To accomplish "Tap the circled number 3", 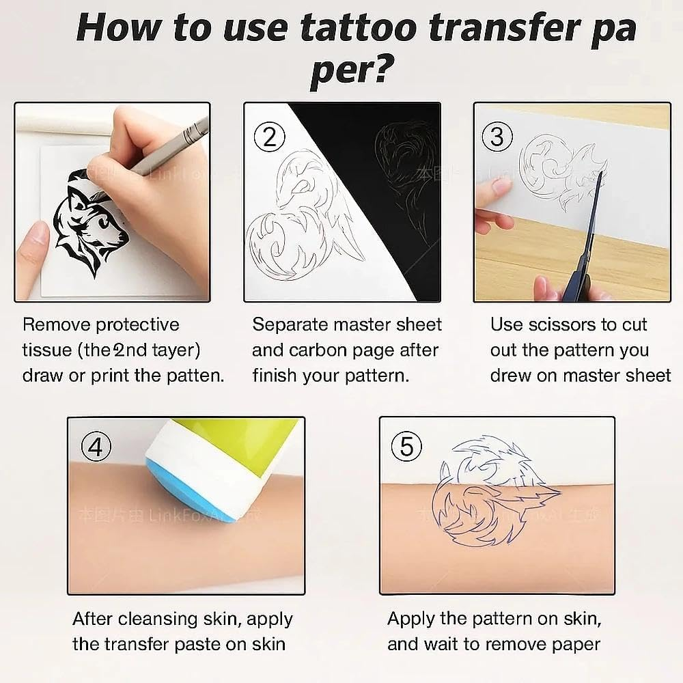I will pos(497,137).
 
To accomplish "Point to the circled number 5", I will pos(407,447).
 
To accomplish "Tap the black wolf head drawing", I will pos(91,219).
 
